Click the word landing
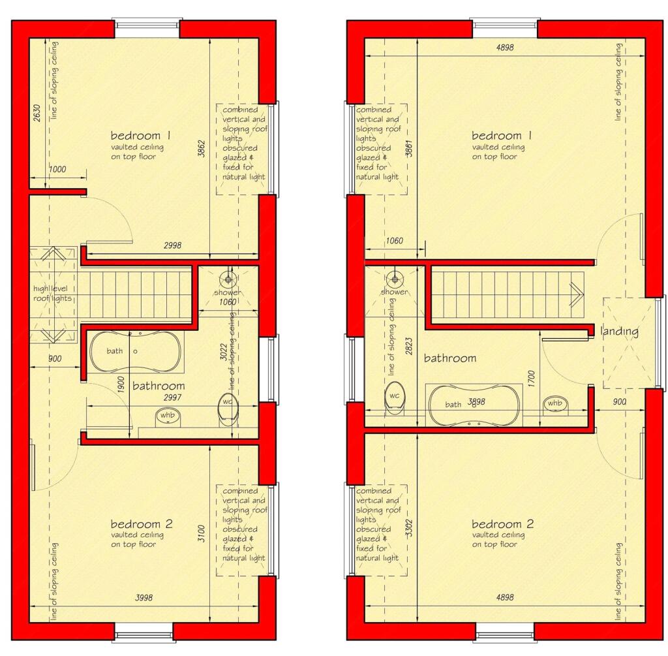(619, 332)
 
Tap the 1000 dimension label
(57, 170)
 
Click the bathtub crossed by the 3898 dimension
(473, 405)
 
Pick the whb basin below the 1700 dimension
(554, 405)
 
